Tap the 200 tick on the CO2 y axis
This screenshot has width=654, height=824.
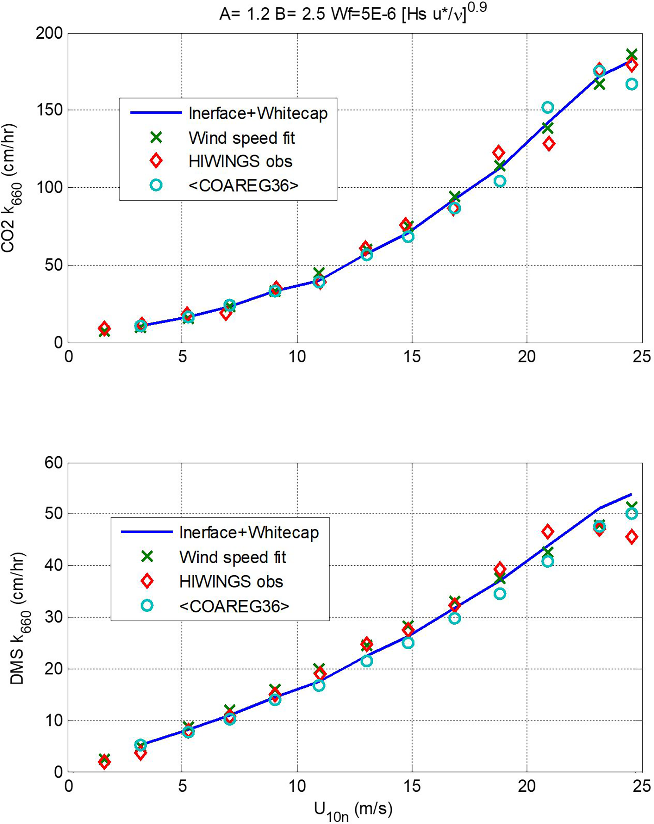[49, 34]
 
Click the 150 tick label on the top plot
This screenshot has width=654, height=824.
[49, 110]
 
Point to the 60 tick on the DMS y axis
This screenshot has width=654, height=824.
[53, 463]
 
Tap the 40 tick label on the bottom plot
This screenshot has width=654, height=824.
[53, 565]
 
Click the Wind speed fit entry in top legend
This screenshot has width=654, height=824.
[241, 138]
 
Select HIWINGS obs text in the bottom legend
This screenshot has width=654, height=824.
[231, 581]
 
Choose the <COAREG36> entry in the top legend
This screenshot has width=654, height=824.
[243, 185]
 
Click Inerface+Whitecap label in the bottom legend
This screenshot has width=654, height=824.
[249, 533]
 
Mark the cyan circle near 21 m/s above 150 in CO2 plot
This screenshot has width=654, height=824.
[547, 107]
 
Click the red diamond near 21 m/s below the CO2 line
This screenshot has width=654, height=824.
[548, 144]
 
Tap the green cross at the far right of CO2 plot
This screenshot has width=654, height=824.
[631, 54]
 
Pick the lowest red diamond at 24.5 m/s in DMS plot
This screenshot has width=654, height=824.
[631, 537]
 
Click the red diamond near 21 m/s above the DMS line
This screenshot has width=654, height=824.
[547, 531]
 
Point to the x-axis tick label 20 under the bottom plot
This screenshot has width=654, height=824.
[527, 786]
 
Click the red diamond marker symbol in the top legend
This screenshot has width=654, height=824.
[156, 161]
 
